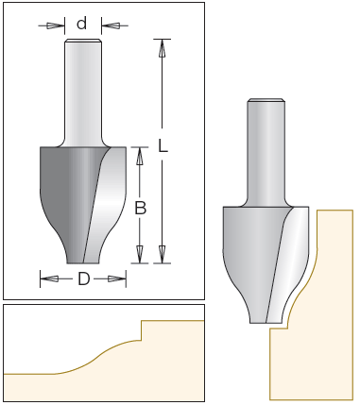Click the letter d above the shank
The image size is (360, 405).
[x=81, y=24]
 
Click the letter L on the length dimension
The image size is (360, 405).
[x=163, y=145]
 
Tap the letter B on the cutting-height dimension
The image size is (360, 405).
[x=140, y=208]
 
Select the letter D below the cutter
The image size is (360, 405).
[x=83, y=278]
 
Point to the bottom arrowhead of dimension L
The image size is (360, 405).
[x=162, y=254]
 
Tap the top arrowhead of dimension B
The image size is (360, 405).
[x=140, y=156]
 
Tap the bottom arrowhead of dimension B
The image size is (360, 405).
[x=140, y=254]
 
